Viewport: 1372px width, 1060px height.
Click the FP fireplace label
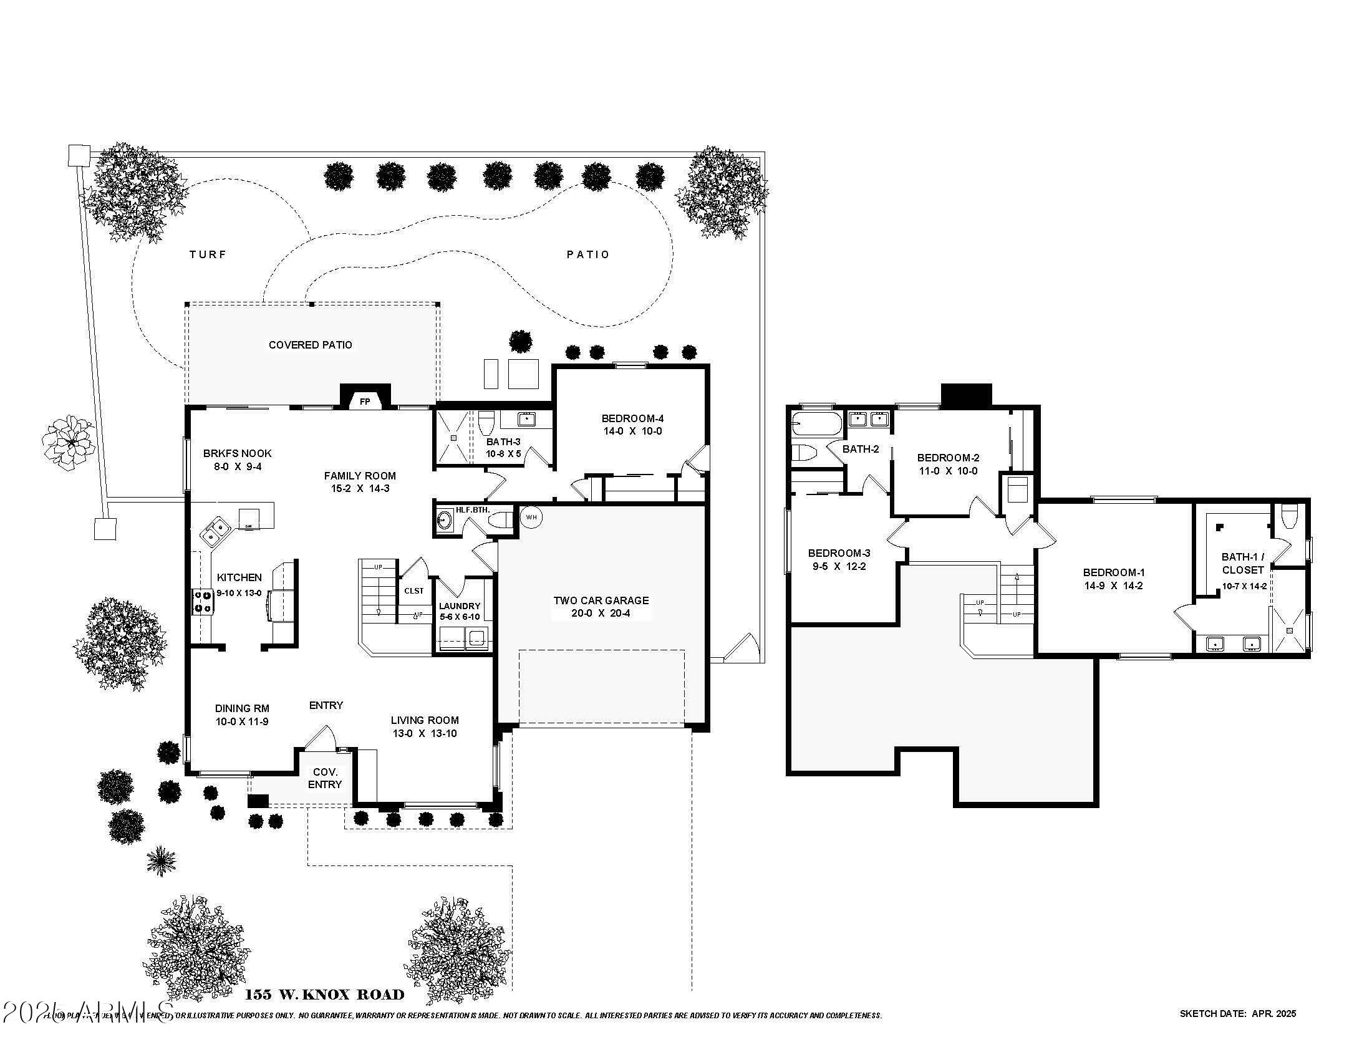[x=365, y=402]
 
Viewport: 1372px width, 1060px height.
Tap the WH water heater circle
[x=531, y=517]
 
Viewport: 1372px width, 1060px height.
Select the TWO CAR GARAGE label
[x=601, y=600]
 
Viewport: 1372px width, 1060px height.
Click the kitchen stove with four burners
[x=201, y=600]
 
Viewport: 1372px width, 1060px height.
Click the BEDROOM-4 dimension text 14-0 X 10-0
[x=632, y=431]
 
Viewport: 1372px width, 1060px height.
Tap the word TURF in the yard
[x=208, y=254]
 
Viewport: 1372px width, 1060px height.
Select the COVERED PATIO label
[x=311, y=345]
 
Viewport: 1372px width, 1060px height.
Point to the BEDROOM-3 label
[x=839, y=553]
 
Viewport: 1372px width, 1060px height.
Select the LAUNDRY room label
[x=459, y=606]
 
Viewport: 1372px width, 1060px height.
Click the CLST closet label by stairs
[x=413, y=591]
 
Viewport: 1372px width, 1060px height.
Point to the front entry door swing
[x=321, y=738]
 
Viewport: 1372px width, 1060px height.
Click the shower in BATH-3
[x=452, y=438]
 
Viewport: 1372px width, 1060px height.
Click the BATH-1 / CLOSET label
[x=1242, y=563]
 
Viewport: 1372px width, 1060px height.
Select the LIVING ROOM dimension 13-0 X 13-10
[x=425, y=733]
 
